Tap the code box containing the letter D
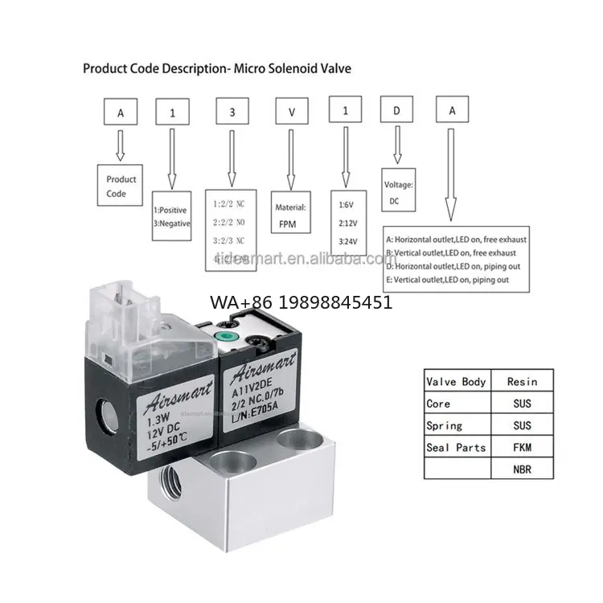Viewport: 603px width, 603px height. point(396,113)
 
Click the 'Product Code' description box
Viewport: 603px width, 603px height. point(121,187)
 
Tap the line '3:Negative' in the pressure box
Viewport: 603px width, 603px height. point(171,224)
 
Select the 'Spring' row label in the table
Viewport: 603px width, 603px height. point(445,425)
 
